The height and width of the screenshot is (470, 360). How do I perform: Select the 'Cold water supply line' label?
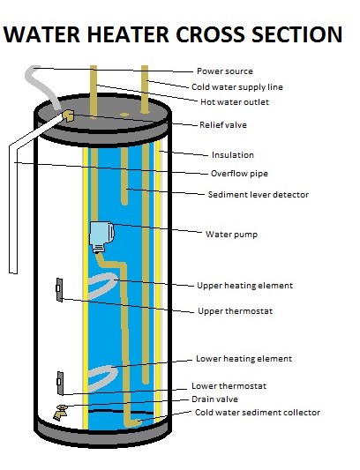coord(237,86)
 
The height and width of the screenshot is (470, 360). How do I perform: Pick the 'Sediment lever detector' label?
coord(258,194)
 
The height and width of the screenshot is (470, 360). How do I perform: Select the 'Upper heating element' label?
coord(244,286)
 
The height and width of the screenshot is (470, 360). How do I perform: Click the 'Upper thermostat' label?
coord(234,311)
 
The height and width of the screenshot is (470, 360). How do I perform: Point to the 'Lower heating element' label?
coord(244,359)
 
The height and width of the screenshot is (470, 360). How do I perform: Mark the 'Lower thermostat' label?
coord(230,385)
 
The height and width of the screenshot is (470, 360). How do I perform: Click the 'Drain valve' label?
coord(215,399)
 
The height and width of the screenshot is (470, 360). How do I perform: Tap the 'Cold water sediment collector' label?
coord(257,412)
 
